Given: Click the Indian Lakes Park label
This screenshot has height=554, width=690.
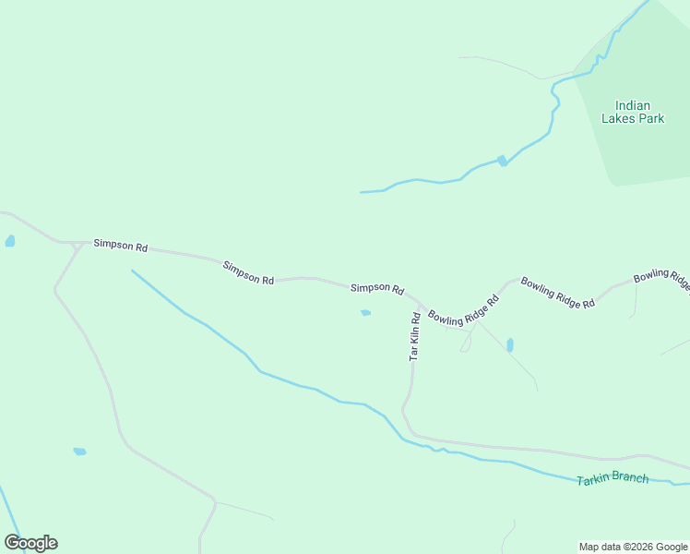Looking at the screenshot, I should click(x=633, y=112).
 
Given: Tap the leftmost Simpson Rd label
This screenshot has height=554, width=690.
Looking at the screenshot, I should click(x=121, y=247).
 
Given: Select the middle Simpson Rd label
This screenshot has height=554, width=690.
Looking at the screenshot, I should click(x=248, y=272).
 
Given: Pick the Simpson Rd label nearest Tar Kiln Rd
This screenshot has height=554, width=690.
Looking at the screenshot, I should click(x=377, y=289).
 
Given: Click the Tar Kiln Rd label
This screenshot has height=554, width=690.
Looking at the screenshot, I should click(x=415, y=336).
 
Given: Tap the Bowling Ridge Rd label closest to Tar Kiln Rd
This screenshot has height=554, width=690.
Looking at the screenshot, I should click(x=463, y=308).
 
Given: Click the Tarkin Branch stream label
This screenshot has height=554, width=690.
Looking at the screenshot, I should click(x=613, y=479).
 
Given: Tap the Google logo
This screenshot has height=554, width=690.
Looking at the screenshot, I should click(x=30, y=543).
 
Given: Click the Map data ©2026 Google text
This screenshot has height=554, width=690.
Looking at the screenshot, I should click(x=633, y=547).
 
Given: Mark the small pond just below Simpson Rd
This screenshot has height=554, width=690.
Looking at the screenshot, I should click(x=365, y=313).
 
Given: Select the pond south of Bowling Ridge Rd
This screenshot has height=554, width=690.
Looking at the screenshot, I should click(x=509, y=345).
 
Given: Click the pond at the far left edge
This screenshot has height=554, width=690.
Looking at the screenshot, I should click(x=10, y=241).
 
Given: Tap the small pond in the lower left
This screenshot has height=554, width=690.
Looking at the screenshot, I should click(x=79, y=452).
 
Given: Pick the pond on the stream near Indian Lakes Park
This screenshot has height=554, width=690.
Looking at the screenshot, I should click(x=502, y=161).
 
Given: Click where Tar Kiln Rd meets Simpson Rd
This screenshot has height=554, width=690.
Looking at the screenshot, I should click(x=421, y=303).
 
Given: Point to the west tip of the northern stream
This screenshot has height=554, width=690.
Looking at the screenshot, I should click(x=361, y=192).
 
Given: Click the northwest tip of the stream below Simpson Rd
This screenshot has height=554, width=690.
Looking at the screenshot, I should click(x=132, y=271).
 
